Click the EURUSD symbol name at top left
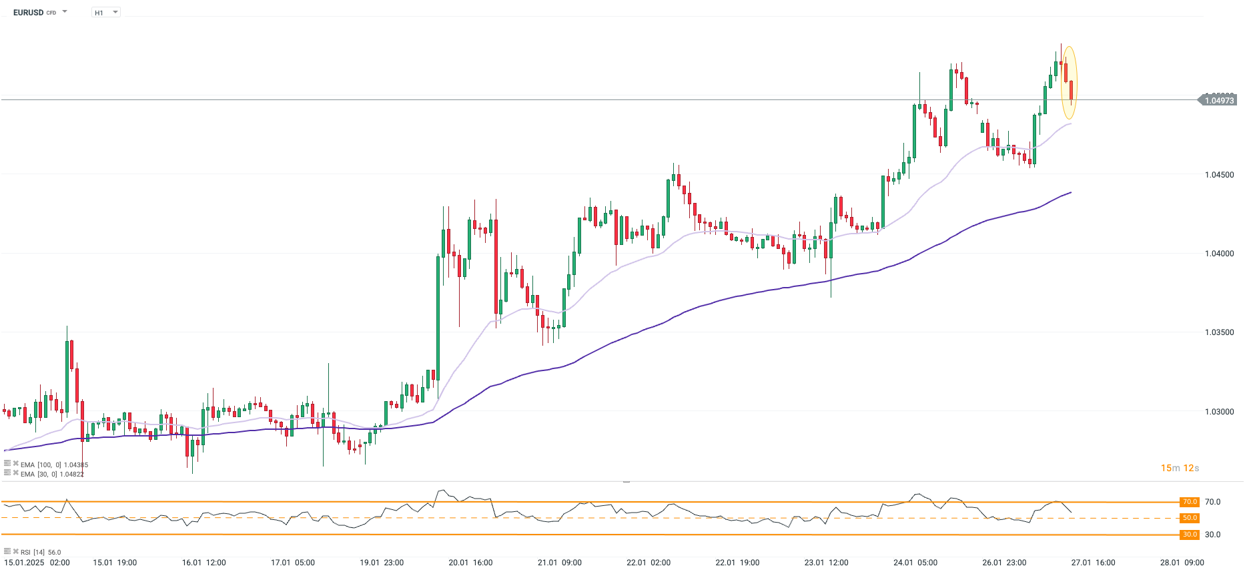pyautogui.click(x=28, y=13)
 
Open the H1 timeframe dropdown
pyautogui.click(x=105, y=13)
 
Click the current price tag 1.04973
pyautogui.click(x=1219, y=100)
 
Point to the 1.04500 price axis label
pyautogui.click(x=1219, y=175)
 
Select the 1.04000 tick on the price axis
pyautogui.click(x=1219, y=254)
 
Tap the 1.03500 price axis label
pyautogui.click(x=1219, y=332)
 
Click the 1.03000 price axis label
pyautogui.click(x=1219, y=412)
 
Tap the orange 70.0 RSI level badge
pyautogui.click(x=1190, y=502)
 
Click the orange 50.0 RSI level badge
pyautogui.click(x=1190, y=518)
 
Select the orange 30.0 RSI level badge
pyautogui.click(x=1190, y=535)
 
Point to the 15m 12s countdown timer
pyautogui.click(x=1180, y=468)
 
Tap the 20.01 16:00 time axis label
pyautogui.click(x=470, y=563)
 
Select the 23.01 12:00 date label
pyautogui.click(x=826, y=563)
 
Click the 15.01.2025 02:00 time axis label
pyautogui.click(x=37, y=563)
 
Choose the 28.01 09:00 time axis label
pyautogui.click(x=1182, y=563)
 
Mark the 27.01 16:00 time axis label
pyautogui.click(x=1093, y=563)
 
